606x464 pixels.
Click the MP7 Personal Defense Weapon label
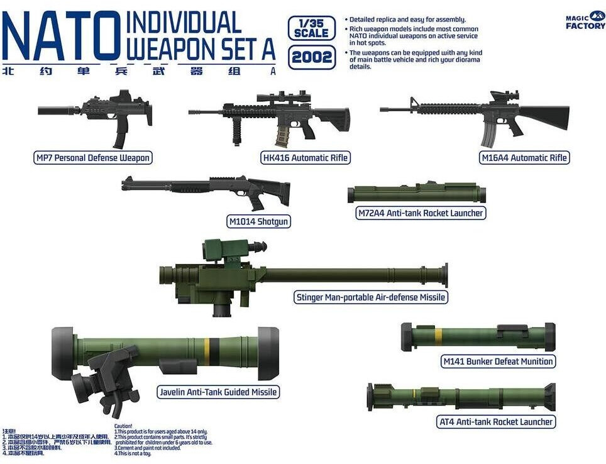pyautogui.click(x=93, y=157)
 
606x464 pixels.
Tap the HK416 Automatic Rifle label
pyautogui.click(x=306, y=158)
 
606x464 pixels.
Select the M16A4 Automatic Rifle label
pyautogui.click(x=524, y=158)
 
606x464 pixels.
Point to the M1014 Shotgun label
pyautogui.click(x=260, y=221)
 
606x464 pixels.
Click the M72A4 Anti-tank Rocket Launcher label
pyautogui.click(x=420, y=213)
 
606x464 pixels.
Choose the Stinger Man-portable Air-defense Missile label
pyautogui.click(x=371, y=297)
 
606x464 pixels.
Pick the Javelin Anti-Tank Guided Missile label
pyautogui.click(x=218, y=392)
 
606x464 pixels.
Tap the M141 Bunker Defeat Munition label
pyautogui.click(x=498, y=361)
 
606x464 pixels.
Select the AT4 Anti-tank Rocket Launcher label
pyautogui.click(x=495, y=422)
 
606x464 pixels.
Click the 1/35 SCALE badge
pyautogui.click(x=311, y=28)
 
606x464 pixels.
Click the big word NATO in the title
pyautogui.click(x=60, y=36)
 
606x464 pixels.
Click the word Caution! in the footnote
pyautogui.click(x=124, y=426)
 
